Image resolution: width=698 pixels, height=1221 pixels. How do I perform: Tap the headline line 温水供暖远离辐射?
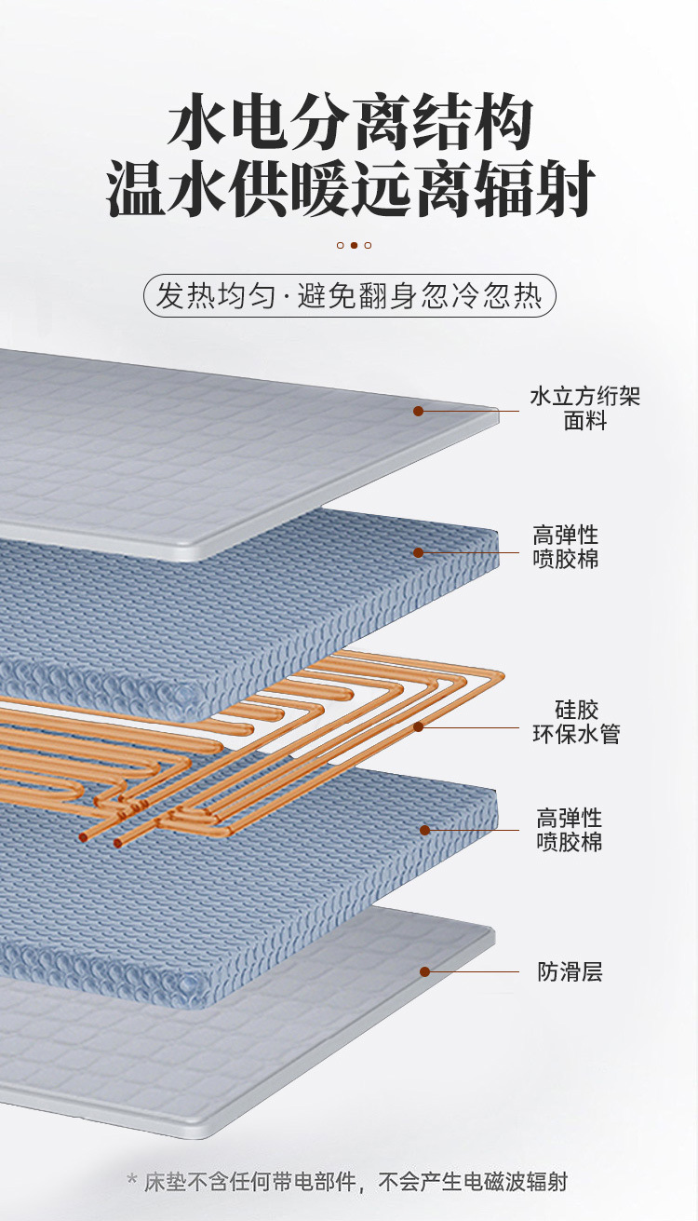click(350, 191)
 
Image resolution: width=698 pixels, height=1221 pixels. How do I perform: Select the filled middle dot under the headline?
click(354, 245)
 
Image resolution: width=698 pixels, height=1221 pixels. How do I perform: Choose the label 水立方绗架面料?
click(584, 409)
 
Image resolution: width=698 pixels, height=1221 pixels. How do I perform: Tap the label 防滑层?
click(570, 972)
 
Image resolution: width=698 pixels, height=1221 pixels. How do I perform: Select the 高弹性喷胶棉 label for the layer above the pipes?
click(565, 547)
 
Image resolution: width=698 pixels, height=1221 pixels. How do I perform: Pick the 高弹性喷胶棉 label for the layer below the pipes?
click(569, 830)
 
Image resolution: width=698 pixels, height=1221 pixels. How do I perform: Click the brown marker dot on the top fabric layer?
click(419, 411)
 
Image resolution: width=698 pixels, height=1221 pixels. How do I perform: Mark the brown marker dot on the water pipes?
click(419, 726)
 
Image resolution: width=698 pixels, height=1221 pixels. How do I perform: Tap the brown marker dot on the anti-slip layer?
click(424, 971)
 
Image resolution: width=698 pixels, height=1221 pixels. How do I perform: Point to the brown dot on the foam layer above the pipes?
click(419, 552)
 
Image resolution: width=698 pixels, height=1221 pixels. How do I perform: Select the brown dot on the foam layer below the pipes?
click(424, 830)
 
